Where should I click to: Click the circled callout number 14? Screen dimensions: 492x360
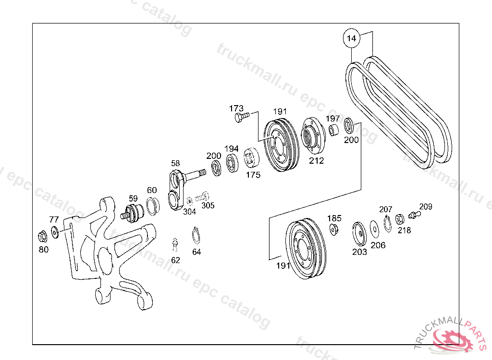click(x=351, y=38)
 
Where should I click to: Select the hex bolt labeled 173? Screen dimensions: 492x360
click(x=242, y=118)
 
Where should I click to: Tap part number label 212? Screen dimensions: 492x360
click(x=316, y=160)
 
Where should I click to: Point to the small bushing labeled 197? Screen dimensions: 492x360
click(x=333, y=130)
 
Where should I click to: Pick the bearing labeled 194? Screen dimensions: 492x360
click(x=232, y=163)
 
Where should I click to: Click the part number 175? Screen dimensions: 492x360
click(x=253, y=175)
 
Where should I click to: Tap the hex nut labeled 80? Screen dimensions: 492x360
click(x=43, y=237)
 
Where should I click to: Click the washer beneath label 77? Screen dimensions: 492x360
click(x=55, y=232)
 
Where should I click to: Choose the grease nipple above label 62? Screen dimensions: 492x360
click(x=175, y=245)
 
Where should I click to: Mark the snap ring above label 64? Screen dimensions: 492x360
click(x=196, y=235)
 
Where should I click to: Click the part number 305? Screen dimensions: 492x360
click(x=208, y=205)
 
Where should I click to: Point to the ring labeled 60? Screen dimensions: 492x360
click(x=153, y=206)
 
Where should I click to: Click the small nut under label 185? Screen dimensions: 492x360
click(x=333, y=229)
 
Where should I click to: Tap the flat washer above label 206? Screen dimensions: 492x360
click(x=374, y=229)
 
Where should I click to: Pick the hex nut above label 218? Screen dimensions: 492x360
click(x=400, y=219)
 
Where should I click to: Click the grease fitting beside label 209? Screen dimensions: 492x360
click(x=414, y=215)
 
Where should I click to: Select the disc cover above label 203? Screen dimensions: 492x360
click(x=359, y=234)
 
